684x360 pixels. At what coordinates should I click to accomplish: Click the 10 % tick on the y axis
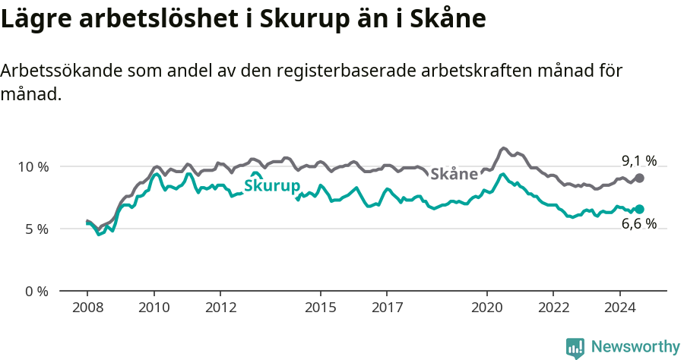[32, 166]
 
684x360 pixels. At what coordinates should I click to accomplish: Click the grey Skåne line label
[454, 174]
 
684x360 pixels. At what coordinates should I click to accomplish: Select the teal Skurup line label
[271, 186]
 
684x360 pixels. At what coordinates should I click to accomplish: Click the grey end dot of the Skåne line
[639, 178]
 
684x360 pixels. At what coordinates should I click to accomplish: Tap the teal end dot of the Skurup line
[639, 209]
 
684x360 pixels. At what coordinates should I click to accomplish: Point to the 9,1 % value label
[638, 160]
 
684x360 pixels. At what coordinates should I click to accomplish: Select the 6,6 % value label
[638, 224]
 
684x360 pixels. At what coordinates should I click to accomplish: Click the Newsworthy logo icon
[575, 348]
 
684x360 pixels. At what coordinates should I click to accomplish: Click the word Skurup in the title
[299, 19]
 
